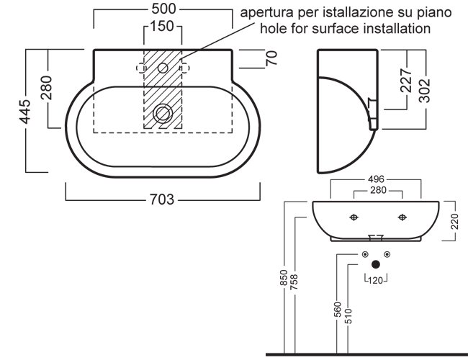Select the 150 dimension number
163,27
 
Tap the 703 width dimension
163,199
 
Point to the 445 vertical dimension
25,112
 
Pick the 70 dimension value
271,59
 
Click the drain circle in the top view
163,113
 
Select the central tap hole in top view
163,68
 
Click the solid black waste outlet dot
375,264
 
